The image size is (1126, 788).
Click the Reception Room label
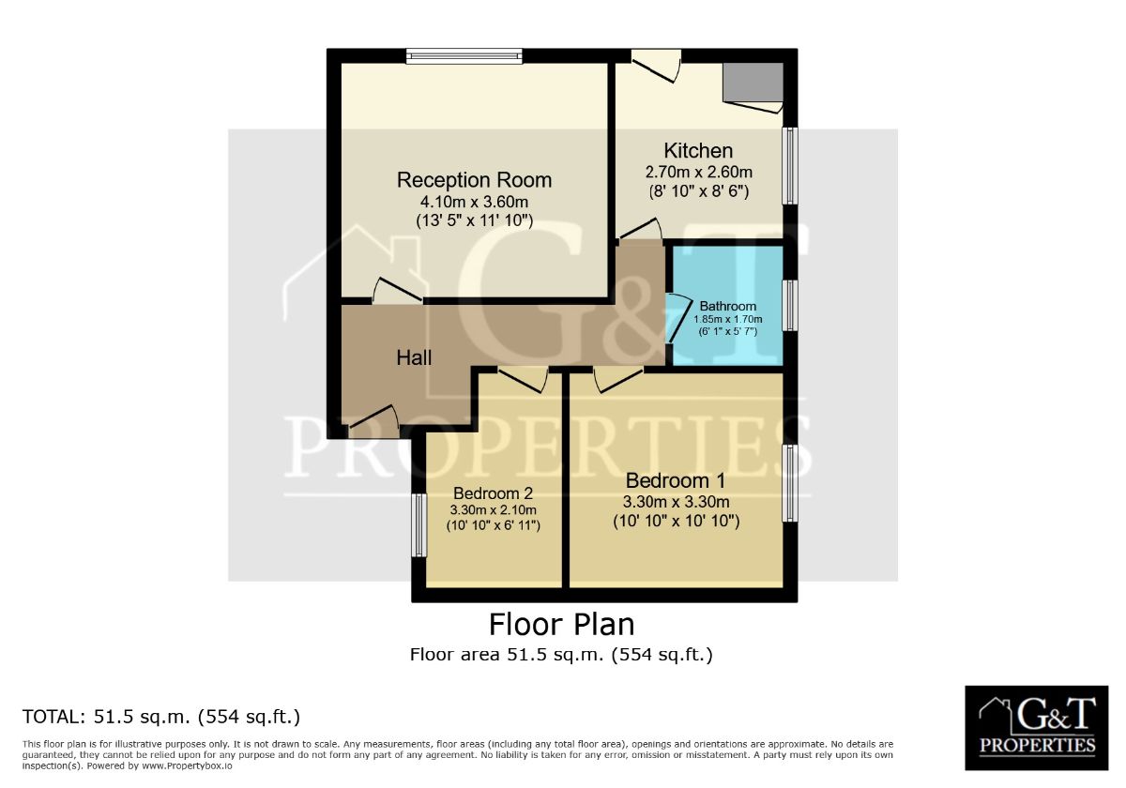pyautogui.click(x=474, y=180)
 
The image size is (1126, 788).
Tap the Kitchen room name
pyautogui.click(x=698, y=151)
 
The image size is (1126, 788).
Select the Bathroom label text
pyautogui.click(x=727, y=306)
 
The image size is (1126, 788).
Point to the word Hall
pyautogui.click(x=414, y=357)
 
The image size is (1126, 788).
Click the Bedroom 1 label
pyautogui.click(x=676, y=481)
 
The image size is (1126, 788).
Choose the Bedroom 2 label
pyautogui.click(x=494, y=493)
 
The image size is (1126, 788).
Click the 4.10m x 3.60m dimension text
pyautogui.click(x=474, y=202)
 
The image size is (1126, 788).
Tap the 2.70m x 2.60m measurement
pyautogui.click(x=699, y=173)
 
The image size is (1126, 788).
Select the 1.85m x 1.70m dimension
pyautogui.click(x=728, y=319)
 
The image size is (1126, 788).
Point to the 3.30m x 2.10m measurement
pyautogui.click(x=494, y=510)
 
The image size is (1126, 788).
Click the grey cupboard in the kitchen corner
pyautogui.click(x=753, y=82)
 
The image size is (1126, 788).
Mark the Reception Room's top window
pyautogui.click(x=464, y=55)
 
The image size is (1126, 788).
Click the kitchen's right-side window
pyautogui.click(x=790, y=166)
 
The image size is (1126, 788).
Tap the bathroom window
pyautogui.click(x=790, y=306)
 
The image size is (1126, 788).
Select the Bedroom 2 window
pyautogui.click(x=419, y=525)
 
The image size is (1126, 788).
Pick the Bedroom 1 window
pyautogui.click(x=790, y=483)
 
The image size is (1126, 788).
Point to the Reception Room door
pyautogui.click(x=398, y=291)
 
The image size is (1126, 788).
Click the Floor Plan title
pyautogui.click(x=561, y=625)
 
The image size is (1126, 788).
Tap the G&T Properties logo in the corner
pyautogui.click(x=1037, y=728)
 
